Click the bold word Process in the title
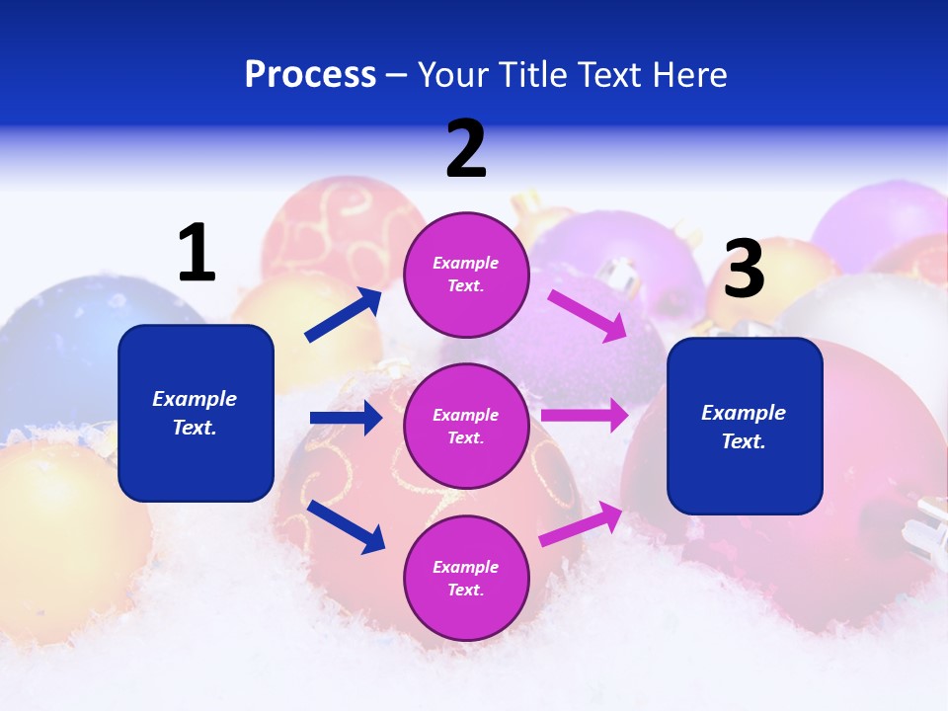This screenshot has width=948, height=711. point(310,75)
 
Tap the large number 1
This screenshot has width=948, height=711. point(197,253)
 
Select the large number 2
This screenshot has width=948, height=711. point(466,149)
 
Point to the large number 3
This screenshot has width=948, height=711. point(745,269)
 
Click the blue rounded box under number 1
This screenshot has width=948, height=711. point(196,413)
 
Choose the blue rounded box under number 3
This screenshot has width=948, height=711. point(745,426)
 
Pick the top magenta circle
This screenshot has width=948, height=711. point(466,275)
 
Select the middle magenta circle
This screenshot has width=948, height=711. point(466,426)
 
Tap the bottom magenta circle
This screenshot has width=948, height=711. point(466,578)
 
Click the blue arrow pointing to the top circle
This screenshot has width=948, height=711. point(344,315)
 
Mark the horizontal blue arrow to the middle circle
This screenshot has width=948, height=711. point(346,418)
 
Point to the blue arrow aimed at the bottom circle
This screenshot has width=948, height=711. point(346,525)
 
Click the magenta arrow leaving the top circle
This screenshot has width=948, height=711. point(588,315)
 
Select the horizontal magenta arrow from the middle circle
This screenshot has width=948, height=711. point(584,416)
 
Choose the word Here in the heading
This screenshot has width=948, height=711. point(691,75)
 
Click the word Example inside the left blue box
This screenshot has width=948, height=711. point(195,399)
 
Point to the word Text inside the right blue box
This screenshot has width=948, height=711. point(743,441)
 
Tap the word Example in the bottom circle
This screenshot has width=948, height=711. point(466,567)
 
